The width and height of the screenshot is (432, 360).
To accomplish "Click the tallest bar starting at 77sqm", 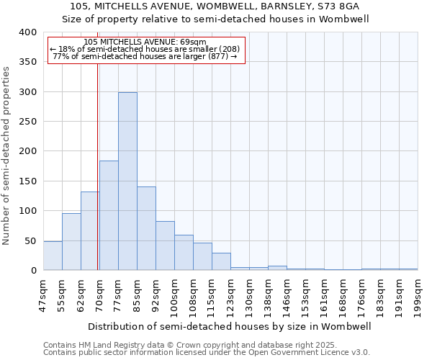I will click(x=127, y=181).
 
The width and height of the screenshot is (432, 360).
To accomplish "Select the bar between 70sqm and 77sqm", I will click(x=109, y=215).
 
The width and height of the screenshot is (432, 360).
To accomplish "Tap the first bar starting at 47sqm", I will click(x=53, y=256).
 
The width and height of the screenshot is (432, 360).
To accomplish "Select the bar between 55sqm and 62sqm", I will click(x=71, y=242).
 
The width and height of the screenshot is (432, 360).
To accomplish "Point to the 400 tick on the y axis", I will click(x=27, y=32).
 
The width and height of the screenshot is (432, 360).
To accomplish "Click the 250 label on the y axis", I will click(x=27, y=122).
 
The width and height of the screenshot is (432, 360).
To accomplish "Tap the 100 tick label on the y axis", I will click(x=27, y=211).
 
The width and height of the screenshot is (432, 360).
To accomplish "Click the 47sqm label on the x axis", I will click(x=44, y=296).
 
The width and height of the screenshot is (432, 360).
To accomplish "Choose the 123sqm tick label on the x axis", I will click(x=231, y=296).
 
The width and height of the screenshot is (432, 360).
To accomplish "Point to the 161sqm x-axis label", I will click(x=325, y=296).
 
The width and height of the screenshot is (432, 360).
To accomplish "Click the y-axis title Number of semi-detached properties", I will click(x=6, y=156).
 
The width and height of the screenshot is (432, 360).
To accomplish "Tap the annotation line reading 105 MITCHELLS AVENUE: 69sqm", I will click(x=145, y=42).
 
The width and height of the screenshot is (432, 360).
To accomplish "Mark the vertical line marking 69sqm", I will click(x=97, y=158).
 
